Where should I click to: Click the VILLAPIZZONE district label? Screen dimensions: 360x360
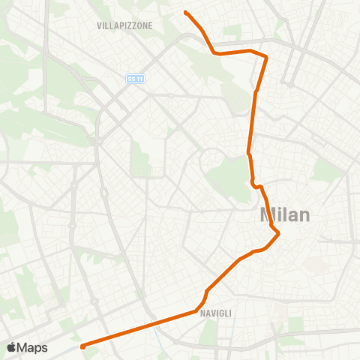pos(124,25)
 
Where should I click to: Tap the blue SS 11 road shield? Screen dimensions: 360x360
pos(134,78)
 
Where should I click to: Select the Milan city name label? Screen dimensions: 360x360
pos(284,214)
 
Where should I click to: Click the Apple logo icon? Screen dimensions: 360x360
pos(11,347)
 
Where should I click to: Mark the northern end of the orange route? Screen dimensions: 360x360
pos(185,13)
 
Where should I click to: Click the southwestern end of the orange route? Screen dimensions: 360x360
pos(82,346)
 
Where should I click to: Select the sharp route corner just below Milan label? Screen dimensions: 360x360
pos(278,233)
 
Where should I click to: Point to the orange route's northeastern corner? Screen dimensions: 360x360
pos(267,57)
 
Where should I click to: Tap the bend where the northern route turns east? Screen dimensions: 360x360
pos(215,53)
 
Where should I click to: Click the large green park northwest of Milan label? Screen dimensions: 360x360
pos(229,176)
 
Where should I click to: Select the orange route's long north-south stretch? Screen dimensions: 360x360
pos(252,124)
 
